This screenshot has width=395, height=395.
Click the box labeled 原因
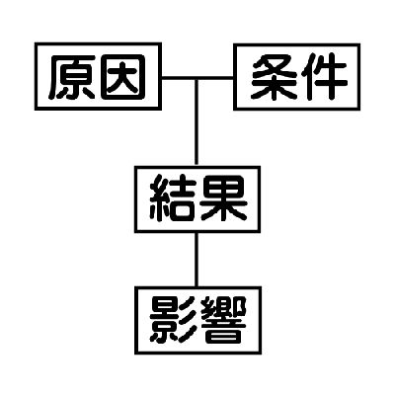click(x=98, y=76)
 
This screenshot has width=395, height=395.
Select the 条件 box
click(x=297, y=77)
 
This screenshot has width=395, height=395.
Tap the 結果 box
click(x=197, y=199)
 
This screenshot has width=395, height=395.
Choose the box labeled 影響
click(x=198, y=320)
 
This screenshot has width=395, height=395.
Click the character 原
click(x=72, y=77)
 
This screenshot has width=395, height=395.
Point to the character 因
click(x=123, y=77)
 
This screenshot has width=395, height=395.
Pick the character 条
click(x=275, y=77)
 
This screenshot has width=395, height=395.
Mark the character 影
click(x=173, y=320)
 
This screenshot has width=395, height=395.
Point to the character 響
click(x=223, y=320)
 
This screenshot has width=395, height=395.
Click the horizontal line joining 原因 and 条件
click(x=197, y=78)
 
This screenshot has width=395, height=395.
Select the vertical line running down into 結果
click(x=197, y=122)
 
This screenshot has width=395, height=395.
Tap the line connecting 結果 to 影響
click(x=197, y=260)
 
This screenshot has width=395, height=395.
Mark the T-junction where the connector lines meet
click(x=197, y=78)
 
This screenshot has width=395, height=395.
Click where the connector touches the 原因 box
click(x=162, y=78)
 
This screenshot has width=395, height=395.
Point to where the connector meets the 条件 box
click(x=234, y=78)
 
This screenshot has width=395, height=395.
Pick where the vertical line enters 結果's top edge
click(x=197, y=166)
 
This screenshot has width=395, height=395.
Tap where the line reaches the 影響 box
click(x=197, y=286)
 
